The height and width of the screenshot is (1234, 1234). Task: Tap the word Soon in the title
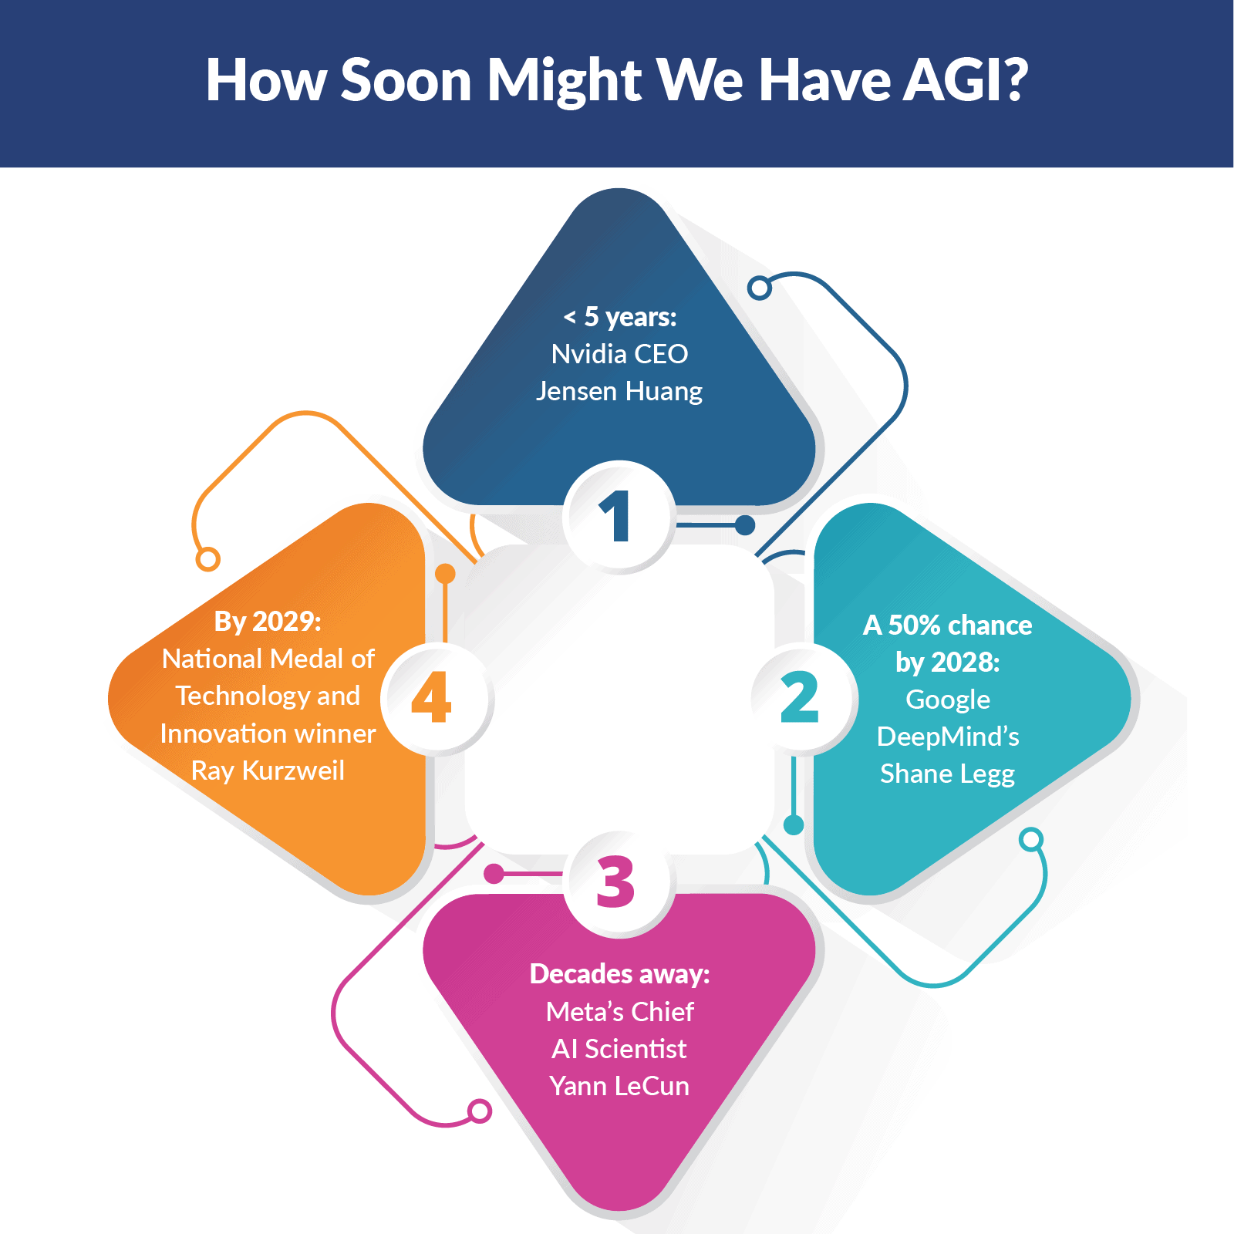pos(406,79)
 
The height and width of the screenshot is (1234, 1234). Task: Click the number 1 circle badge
pos(619,517)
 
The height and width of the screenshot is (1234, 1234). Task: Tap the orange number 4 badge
pos(433,698)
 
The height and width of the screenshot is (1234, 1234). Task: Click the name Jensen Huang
pos(619,391)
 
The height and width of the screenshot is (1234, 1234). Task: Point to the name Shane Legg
pos(947,774)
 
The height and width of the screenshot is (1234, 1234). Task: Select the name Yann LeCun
pos(619,1086)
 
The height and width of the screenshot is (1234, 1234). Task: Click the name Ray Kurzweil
pos(268,770)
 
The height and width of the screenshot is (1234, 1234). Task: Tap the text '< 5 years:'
pos(619,316)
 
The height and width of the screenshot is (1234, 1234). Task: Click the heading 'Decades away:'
pos(619,974)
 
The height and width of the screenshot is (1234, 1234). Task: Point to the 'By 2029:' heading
pos(268,621)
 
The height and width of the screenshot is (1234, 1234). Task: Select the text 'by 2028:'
pos(947,662)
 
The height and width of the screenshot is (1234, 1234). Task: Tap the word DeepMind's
pos(948,737)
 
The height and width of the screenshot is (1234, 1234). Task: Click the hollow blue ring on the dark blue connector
pos(760,288)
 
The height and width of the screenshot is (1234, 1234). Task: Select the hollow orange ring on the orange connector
pos(208,559)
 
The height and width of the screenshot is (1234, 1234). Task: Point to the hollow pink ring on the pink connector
pos(480,1111)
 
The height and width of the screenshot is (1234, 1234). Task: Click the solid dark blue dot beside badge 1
pos(745,525)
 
